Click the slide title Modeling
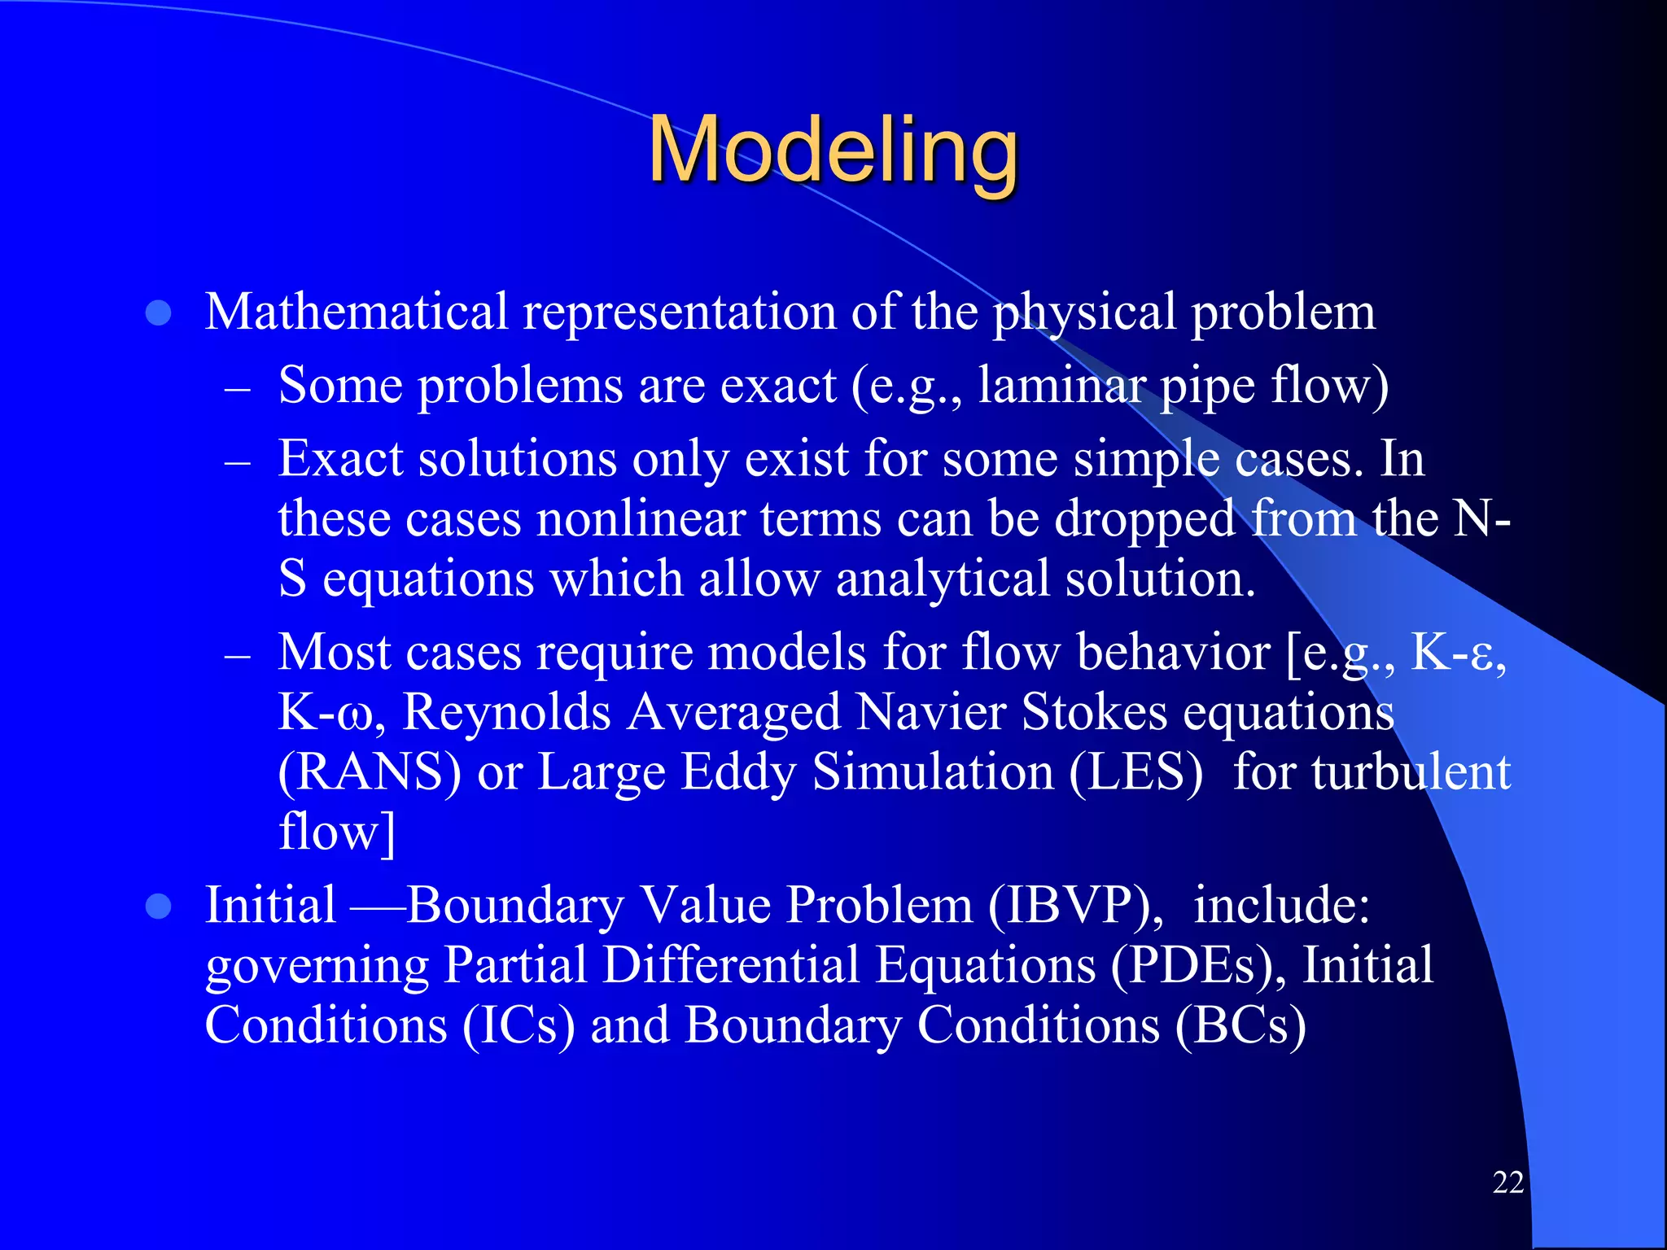tap(833, 151)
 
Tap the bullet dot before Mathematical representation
tap(158, 313)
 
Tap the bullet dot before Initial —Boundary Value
tap(158, 907)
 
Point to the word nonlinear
tap(641, 518)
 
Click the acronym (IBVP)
tap(1076, 905)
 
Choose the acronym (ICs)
tap(519, 1025)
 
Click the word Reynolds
tap(506, 712)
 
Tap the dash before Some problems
tap(237, 388)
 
